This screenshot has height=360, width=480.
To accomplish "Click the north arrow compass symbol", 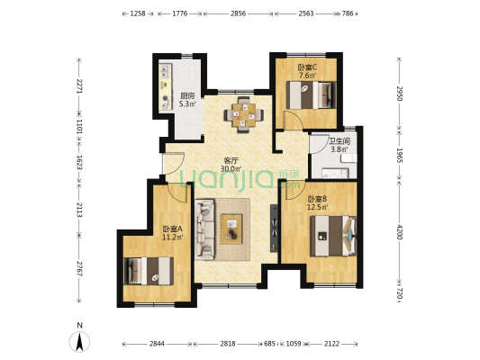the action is tap(79, 341).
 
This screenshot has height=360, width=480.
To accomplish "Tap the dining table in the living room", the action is tap(244, 115).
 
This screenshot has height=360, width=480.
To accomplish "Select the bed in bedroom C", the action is tap(311, 94).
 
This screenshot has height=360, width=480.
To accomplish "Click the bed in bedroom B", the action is tap(333, 236).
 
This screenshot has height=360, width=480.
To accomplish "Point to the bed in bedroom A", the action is tap(149, 271).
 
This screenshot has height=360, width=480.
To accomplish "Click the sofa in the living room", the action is tap(204, 229).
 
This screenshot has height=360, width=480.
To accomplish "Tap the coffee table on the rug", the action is tap(231, 229).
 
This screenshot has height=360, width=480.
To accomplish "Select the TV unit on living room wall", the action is tap(274, 229).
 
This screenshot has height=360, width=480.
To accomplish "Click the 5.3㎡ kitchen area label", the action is tap(187, 104).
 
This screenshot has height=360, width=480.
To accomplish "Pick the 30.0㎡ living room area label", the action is tap(231, 168).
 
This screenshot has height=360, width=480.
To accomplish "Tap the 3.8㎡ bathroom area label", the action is tap(340, 149).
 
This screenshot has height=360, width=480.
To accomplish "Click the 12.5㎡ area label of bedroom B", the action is tap(317, 207).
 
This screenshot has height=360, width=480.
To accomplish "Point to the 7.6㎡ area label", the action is tap(307, 76).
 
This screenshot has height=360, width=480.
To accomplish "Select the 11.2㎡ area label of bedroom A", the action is tap(172, 237).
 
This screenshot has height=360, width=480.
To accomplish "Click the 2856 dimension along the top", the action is tap(238, 13).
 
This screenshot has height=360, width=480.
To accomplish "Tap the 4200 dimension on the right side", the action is tap(400, 232).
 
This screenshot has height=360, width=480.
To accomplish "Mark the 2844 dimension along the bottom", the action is tap(157, 344).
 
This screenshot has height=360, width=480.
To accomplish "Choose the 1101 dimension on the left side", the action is tap(79, 127).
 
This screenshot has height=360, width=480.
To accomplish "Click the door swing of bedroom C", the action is tap(294, 121).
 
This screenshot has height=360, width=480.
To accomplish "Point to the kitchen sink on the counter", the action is tap(166, 71).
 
